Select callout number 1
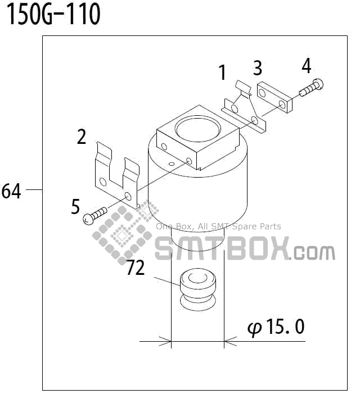click(x=223, y=73)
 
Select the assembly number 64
click(x=11, y=191)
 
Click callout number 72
click(x=136, y=268)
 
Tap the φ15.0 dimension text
click(x=276, y=327)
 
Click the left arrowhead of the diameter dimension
click(x=166, y=341)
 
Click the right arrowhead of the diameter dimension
click(x=229, y=341)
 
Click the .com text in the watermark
click(x=313, y=251)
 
